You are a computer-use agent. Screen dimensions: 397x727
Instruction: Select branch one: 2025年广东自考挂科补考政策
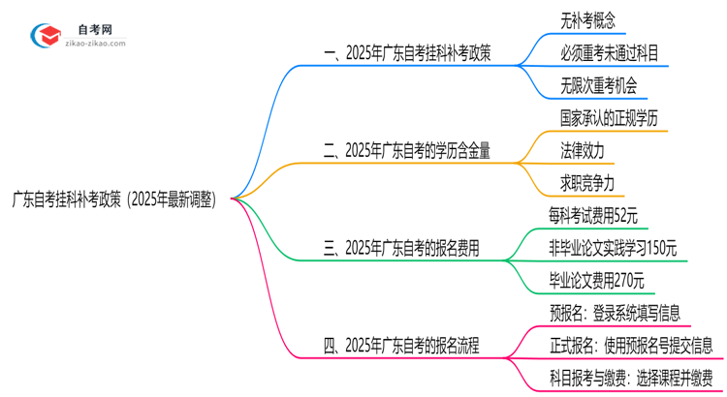pos(406,54)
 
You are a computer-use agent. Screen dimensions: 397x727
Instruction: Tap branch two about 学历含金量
pos(406,150)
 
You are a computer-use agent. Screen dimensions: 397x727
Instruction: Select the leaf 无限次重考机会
pos(598,86)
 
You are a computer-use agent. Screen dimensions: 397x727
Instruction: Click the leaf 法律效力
pos(582,150)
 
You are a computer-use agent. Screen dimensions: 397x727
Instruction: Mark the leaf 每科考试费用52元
pos(598,216)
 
